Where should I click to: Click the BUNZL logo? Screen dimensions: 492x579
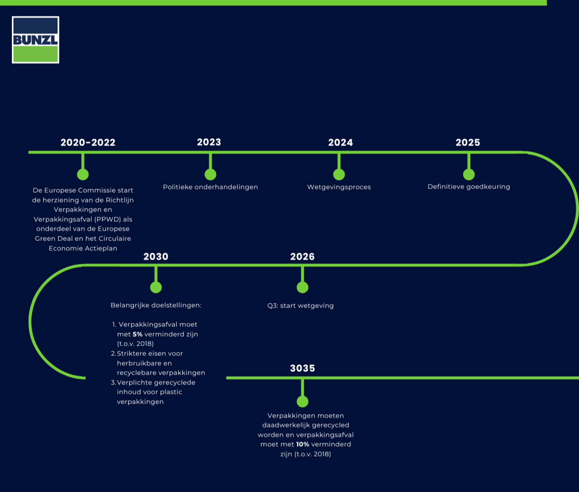coord(36,40)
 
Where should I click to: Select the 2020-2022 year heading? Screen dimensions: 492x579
coord(88,142)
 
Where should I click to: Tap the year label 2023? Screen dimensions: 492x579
coord(209,142)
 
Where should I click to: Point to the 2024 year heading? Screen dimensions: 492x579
coord(340,142)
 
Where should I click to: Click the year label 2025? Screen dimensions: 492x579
coord(468,142)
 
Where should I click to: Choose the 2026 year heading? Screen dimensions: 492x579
coord(302,256)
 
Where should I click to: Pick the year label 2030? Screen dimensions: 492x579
coord(156,256)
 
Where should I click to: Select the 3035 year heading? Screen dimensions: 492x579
coord(302,368)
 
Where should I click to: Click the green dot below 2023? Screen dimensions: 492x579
coord(210,174)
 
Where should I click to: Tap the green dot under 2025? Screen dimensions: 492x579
coord(468,174)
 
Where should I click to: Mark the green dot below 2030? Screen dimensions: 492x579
coord(156,287)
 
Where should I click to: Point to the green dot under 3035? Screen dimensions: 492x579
coord(302,401)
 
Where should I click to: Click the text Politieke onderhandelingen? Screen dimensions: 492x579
coord(210,187)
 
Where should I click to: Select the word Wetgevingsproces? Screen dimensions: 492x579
coord(339,187)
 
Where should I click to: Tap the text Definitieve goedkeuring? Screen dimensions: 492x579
coord(468,187)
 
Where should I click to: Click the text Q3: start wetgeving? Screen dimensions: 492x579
coord(300,305)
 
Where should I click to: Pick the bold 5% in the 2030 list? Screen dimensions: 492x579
coord(138,334)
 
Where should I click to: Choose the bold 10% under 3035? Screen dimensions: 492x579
coord(303,444)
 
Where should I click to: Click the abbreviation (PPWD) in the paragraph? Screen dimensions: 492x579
coord(108,219)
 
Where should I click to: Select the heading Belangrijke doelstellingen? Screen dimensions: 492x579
coord(156,305)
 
